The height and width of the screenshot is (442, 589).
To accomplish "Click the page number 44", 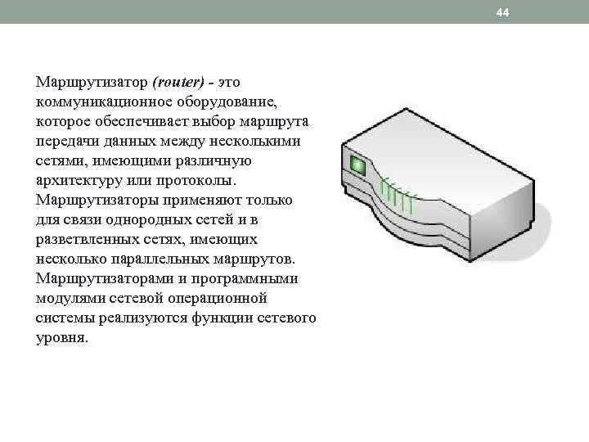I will (502, 13).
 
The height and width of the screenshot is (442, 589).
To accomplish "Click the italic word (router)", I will (178, 83).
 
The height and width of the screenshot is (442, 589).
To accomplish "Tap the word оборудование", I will (232, 102).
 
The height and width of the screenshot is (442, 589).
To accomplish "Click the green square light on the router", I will (357, 165).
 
